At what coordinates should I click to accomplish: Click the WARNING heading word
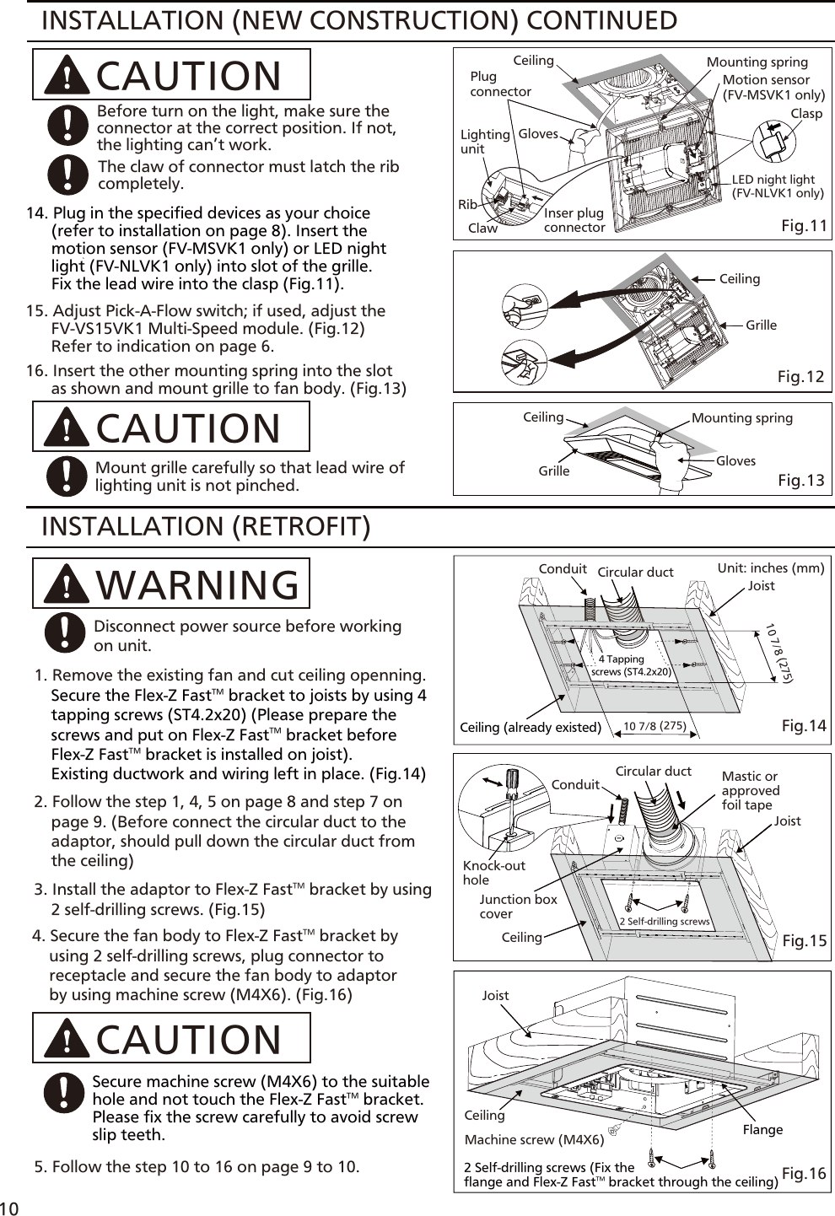point(198,584)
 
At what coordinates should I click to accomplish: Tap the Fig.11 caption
point(804,226)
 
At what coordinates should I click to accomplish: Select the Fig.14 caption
point(804,726)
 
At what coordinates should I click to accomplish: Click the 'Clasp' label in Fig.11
point(805,114)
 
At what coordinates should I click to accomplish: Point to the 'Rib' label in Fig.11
point(467,205)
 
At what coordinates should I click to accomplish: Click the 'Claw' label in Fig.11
point(482,229)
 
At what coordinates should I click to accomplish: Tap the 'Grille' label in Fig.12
point(761,326)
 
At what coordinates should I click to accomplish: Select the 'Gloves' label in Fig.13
point(735,461)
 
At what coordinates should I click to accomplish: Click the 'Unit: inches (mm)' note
point(770,568)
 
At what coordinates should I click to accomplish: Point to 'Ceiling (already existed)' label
point(530,728)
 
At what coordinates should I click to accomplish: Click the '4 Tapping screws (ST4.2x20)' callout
point(630,666)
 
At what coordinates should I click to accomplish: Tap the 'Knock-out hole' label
point(493,873)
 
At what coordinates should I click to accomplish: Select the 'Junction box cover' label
point(518,907)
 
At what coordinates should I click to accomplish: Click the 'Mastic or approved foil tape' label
point(750,791)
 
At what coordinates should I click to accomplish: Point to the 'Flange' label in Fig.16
point(762,1130)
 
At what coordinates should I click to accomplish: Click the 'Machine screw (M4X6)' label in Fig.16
point(534,1140)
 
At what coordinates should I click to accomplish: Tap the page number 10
point(9,1208)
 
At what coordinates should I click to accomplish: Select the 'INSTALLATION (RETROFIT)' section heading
point(206,527)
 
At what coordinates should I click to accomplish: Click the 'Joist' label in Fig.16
point(495,996)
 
